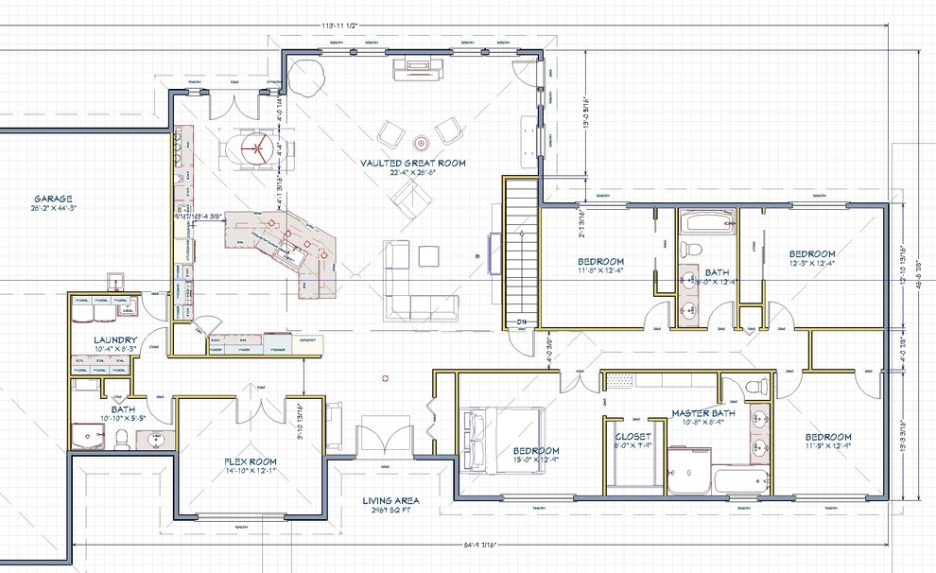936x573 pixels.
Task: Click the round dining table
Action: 254,147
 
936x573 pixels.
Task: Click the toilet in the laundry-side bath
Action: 121,438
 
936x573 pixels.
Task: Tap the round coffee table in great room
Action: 421,142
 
